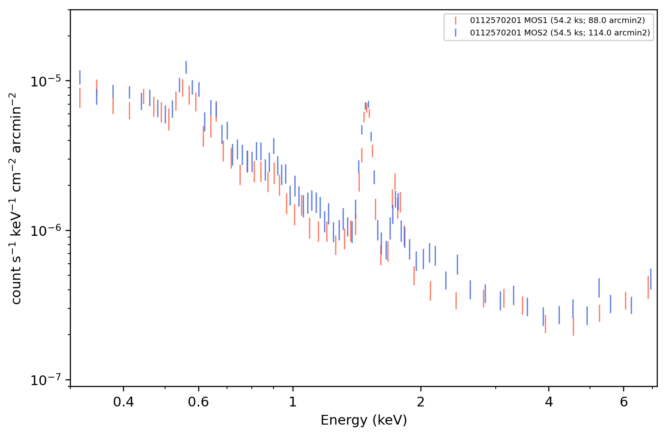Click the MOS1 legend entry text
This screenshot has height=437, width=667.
pyautogui.click(x=557, y=20)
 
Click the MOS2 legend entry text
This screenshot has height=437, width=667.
pyautogui.click(x=560, y=32)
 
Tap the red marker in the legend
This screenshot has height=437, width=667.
pyautogui.click(x=455, y=20)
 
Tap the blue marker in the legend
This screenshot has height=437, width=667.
pyautogui.click(x=455, y=33)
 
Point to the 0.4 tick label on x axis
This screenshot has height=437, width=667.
pyautogui.click(x=123, y=402)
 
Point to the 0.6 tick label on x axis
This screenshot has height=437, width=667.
pyautogui.click(x=198, y=402)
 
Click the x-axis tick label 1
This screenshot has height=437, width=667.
pyautogui.click(x=293, y=402)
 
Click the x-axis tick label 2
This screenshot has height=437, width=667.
pyautogui.click(x=421, y=402)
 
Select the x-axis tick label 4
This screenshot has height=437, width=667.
pyautogui.click(x=549, y=402)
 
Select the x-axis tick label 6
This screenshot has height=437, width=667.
pyautogui.click(x=624, y=402)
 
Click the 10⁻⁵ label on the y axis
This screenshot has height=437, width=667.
pyautogui.click(x=46, y=81)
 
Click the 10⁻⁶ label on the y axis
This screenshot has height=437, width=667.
pyautogui.click(x=46, y=230)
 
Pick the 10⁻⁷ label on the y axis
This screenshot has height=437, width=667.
pyautogui.click(x=46, y=380)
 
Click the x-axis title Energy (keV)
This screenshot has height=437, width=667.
pyautogui.click(x=363, y=420)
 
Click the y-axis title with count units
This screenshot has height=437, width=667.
pyautogui.click(x=16, y=199)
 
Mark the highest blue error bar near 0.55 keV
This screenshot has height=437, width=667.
pyautogui.click(x=186, y=67)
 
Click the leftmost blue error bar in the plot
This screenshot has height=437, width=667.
pyautogui.click(x=80, y=78)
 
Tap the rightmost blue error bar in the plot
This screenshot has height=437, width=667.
pyautogui.click(x=651, y=279)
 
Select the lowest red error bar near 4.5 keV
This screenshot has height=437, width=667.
pyautogui.click(x=574, y=327)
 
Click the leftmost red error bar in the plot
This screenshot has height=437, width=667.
pyautogui.click(x=80, y=98)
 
